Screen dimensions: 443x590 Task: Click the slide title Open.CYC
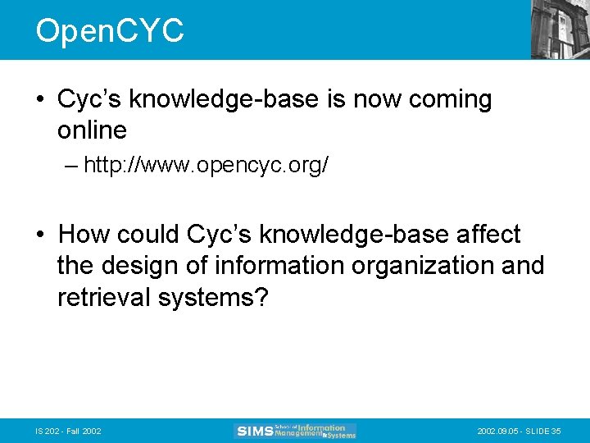point(110,31)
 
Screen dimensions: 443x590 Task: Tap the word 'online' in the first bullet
point(92,130)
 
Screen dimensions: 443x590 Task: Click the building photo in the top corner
point(560,30)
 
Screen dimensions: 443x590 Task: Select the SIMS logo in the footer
point(295,431)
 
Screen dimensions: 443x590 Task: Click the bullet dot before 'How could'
point(39,235)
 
